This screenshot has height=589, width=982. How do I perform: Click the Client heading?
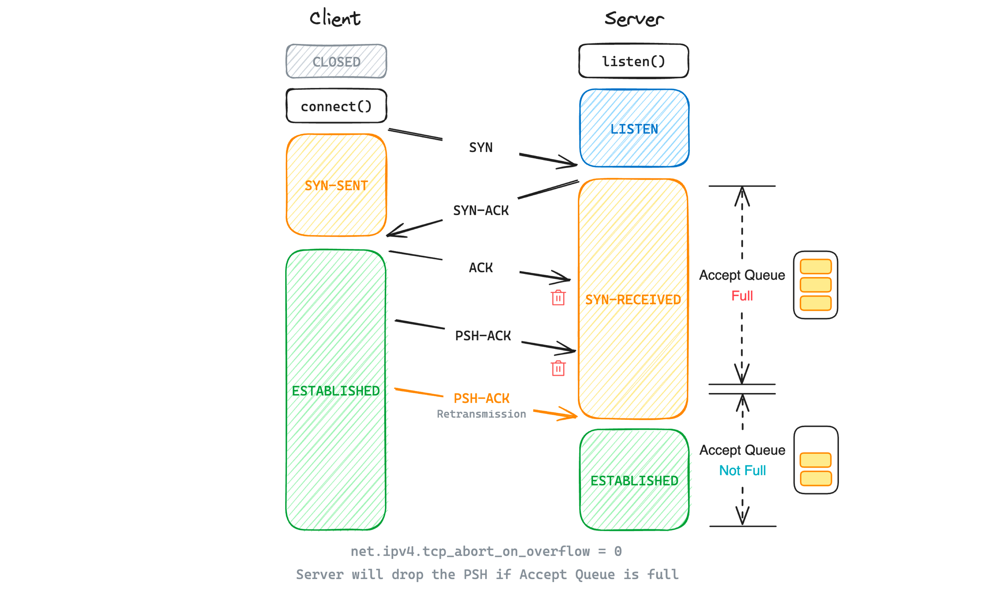(335, 18)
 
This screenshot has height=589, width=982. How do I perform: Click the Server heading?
(634, 19)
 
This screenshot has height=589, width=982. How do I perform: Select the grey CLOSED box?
(336, 62)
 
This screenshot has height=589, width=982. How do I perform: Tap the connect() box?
(336, 106)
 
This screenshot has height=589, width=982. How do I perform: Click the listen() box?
(633, 62)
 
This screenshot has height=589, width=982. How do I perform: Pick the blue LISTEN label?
(634, 129)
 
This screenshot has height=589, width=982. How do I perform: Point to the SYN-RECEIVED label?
(633, 300)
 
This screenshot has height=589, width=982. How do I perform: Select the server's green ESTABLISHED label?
(634, 481)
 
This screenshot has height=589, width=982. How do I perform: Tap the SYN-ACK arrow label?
(481, 210)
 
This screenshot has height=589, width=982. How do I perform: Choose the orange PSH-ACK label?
(481, 398)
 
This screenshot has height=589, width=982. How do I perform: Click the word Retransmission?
(481, 414)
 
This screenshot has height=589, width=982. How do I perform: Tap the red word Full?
(742, 296)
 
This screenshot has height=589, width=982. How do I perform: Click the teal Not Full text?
(742, 470)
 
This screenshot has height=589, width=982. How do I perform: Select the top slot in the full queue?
(816, 267)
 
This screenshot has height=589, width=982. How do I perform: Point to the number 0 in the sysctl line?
(618, 551)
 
